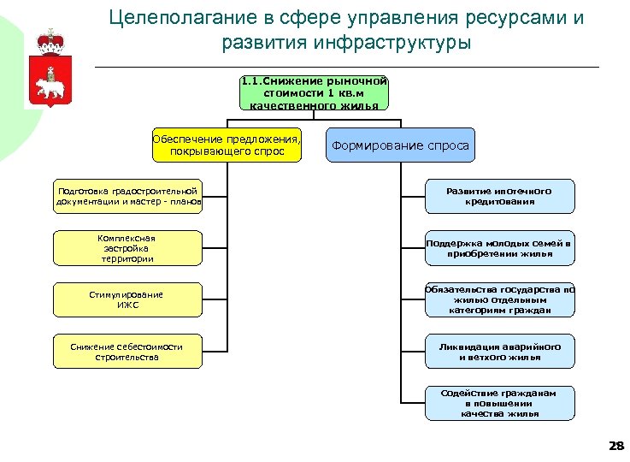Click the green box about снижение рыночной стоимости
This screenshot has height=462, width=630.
(x=314, y=92)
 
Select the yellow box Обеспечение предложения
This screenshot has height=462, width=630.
(x=227, y=145)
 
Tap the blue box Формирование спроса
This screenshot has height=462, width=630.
(x=400, y=145)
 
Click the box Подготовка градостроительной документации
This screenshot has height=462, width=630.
(x=127, y=196)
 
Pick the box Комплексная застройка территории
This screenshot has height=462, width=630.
(x=127, y=247)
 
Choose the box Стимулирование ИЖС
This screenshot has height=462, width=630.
(x=127, y=299)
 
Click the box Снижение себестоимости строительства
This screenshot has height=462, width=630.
(x=127, y=351)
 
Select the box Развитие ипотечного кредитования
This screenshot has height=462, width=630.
(x=499, y=196)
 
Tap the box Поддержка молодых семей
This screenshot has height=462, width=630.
(x=499, y=247)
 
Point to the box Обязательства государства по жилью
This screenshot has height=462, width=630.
(x=499, y=299)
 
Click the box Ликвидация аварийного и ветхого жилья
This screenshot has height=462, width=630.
(x=499, y=351)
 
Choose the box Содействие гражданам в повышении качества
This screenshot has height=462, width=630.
(x=499, y=403)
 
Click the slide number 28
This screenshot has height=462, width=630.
(x=615, y=446)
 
